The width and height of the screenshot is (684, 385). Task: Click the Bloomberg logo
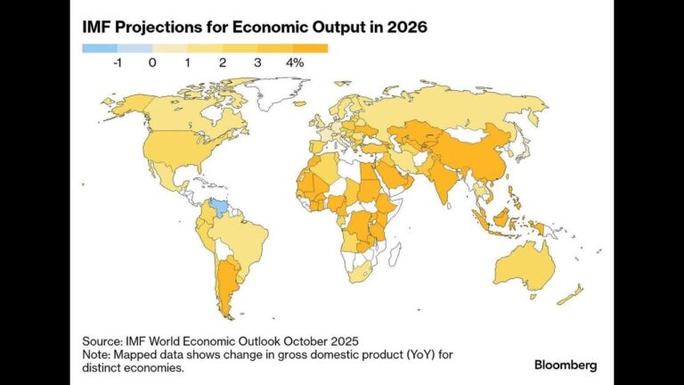tap(566, 365)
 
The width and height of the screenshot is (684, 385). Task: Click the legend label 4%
tap(295, 63)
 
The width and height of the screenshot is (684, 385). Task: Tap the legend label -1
tap(118, 63)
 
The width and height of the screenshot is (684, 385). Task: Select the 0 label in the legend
tap(152, 63)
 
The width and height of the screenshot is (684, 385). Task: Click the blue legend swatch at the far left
tap(100, 48)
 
